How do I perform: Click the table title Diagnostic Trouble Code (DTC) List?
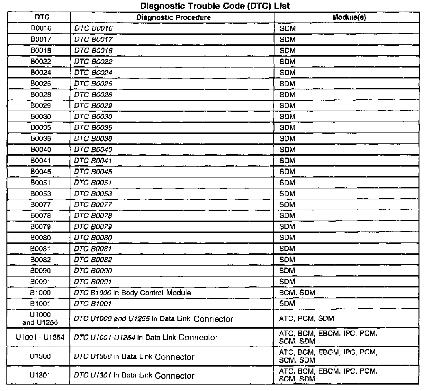215,6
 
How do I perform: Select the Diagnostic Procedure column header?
173,17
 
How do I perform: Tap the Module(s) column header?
349,17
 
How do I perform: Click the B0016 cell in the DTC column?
41,28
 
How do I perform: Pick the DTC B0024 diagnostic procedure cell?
93,73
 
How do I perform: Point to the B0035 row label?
41,128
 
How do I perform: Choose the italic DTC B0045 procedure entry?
93,172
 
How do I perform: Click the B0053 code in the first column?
41,194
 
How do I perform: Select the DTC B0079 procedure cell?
93,227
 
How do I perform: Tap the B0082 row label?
41,259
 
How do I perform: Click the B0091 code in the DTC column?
41,282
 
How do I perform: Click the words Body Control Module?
156,293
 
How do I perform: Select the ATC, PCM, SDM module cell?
307,319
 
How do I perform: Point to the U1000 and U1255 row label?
40,318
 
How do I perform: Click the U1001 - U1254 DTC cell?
40,337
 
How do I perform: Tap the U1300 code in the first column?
40,356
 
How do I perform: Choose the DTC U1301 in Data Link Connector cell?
134,375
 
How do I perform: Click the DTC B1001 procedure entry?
93,304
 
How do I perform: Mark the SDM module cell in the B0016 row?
287,28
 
